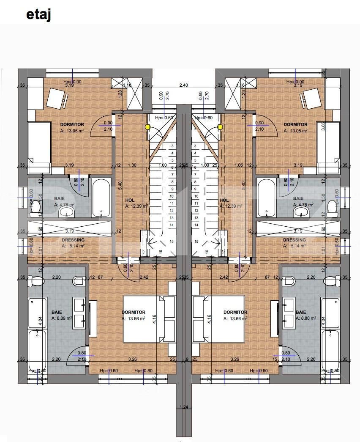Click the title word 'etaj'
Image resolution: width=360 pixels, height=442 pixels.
[x=38, y=14]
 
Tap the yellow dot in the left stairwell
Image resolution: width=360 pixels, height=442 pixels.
[x=147, y=126]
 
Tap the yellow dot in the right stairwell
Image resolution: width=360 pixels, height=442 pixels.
[x=220, y=126]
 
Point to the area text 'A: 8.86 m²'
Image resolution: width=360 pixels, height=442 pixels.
[x=306, y=318]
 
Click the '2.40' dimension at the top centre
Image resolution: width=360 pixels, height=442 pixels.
[x=183, y=85]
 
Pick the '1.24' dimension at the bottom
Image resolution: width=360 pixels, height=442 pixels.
[x=183, y=407]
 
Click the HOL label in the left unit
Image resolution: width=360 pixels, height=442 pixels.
[x=130, y=200]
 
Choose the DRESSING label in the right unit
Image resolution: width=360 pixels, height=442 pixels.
[x=295, y=240]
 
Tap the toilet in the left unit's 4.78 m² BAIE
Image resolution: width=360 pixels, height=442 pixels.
[x=35, y=207]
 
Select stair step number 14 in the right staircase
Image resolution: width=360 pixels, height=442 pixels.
[x=195, y=225]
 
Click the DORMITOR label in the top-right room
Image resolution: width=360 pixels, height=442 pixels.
[x=295, y=124]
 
